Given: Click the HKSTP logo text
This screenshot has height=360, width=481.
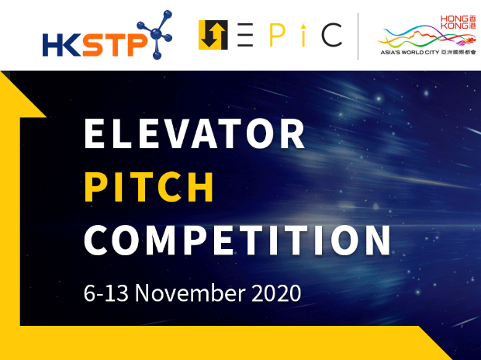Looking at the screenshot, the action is pyautogui.click(x=95, y=45).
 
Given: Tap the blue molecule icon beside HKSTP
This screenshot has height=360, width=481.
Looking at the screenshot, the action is pyautogui.click(x=155, y=35).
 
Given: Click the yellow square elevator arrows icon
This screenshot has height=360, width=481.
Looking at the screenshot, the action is pyautogui.click(x=213, y=35).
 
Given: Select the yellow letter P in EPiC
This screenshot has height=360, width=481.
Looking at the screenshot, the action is pyautogui.click(x=277, y=35).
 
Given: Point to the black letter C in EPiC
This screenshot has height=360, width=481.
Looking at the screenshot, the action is pyautogui.click(x=332, y=35).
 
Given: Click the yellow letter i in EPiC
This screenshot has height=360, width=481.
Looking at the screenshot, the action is pyautogui.click(x=303, y=35).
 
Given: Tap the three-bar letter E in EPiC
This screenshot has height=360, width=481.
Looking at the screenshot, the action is pyautogui.click(x=245, y=35).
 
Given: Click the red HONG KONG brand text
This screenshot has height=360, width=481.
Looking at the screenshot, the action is pyautogui.click(x=455, y=22).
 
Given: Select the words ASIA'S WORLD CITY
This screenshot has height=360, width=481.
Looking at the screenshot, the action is pyautogui.click(x=410, y=53).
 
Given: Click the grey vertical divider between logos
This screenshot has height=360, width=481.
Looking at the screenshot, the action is pyautogui.click(x=358, y=36).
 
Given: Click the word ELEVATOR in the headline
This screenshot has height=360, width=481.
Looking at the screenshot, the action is pyautogui.click(x=195, y=133).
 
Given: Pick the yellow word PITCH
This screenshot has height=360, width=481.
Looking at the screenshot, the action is pyautogui.click(x=149, y=187).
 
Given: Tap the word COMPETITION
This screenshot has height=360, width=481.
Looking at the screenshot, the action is pyautogui.click(x=237, y=241).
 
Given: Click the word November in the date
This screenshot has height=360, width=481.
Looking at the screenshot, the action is pyautogui.click(x=190, y=292).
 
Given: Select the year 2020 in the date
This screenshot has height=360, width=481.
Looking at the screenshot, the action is pyautogui.click(x=276, y=292).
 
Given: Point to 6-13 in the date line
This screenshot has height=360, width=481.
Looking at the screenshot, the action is pyautogui.click(x=106, y=292).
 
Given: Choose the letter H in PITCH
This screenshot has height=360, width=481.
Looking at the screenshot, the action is pyautogui.click(x=201, y=187).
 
